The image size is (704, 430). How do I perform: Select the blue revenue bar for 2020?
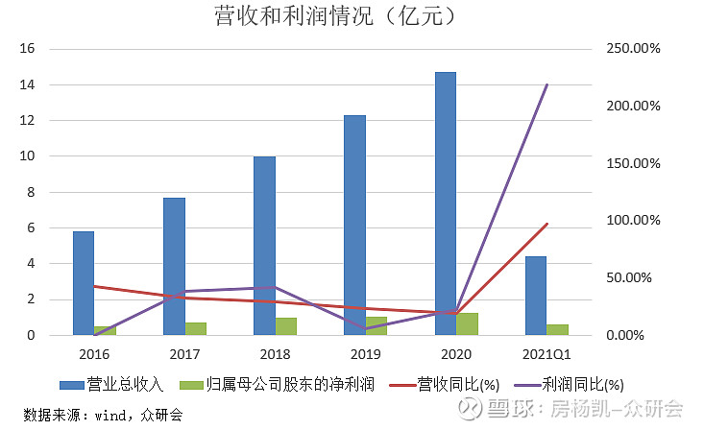[x=445, y=203]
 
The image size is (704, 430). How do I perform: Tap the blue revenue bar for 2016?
[x=84, y=283]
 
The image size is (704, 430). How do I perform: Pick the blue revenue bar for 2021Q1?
[x=535, y=296]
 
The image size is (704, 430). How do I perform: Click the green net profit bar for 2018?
[x=286, y=326]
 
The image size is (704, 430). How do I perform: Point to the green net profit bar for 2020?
[x=467, y=323]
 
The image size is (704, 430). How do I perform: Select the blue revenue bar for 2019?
[x=354, y=225]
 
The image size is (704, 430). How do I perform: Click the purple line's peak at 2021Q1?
[x=546, y=84]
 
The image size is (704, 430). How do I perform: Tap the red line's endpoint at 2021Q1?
[x=546, y=224]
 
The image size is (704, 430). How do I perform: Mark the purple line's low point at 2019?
[x=366, y=329]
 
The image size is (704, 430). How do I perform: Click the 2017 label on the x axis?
[x=184, y=352]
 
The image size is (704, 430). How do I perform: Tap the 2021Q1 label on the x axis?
[x=546, y=352]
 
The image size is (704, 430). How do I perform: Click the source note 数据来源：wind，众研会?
[x=103, y=415]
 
